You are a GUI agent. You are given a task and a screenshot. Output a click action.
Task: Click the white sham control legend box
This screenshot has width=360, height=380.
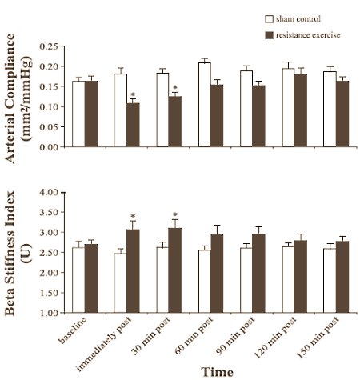(270, 17)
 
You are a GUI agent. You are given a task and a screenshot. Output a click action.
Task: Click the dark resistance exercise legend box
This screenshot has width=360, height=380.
(270, 35)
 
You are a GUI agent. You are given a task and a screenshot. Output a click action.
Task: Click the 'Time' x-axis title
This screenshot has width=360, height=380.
(218, 372)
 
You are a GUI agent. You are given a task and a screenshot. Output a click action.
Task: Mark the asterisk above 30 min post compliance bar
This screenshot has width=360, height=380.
(174, 88)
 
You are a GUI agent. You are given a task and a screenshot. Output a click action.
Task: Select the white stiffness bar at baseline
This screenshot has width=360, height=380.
(78, 280)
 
